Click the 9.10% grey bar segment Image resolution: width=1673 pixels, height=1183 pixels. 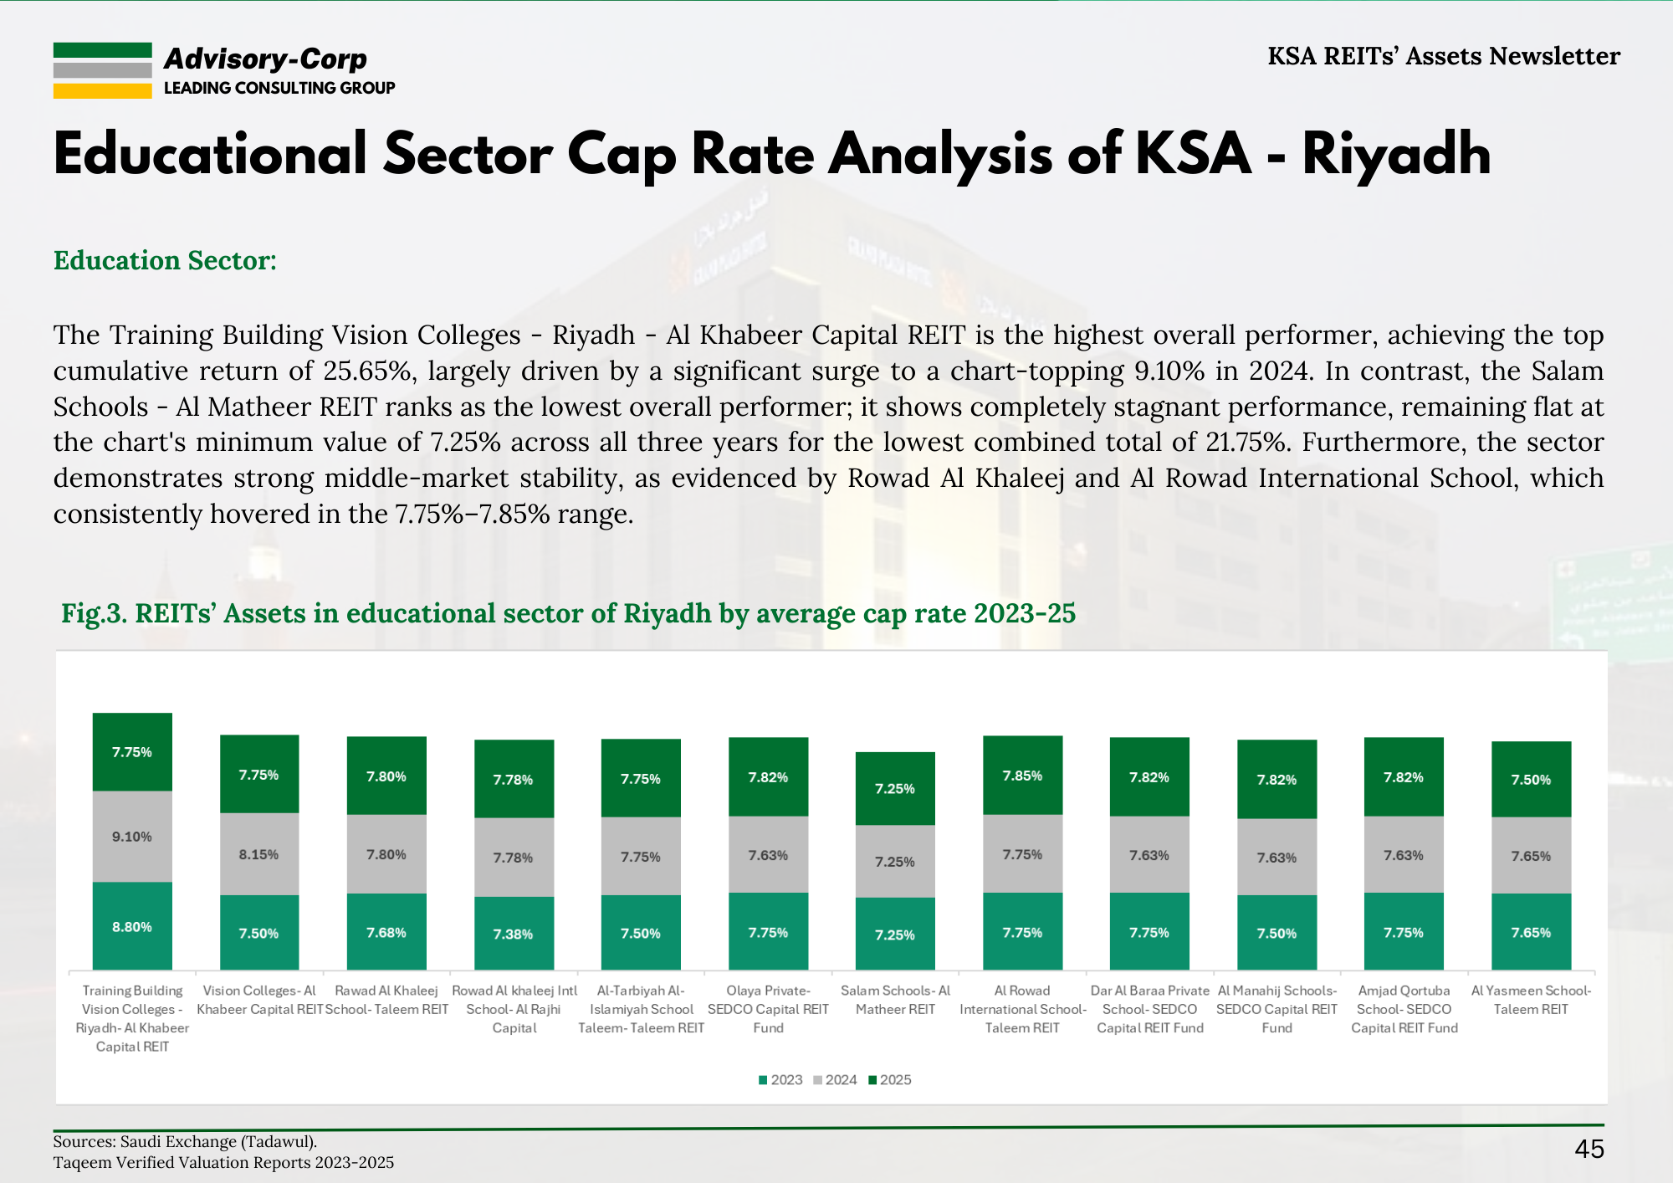132,837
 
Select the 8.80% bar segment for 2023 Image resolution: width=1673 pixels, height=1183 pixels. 132,926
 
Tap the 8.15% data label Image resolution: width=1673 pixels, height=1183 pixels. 258,854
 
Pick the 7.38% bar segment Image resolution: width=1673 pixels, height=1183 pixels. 514,934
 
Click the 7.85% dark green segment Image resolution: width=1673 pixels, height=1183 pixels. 1022,776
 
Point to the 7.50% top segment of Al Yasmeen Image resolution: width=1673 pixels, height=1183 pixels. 1531,779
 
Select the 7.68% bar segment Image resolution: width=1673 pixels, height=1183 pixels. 386,932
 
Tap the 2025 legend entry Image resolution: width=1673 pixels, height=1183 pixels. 890,1080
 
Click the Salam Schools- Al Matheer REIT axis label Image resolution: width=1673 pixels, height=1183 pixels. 895,1000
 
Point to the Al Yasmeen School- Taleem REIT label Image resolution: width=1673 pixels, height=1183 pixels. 1531,1000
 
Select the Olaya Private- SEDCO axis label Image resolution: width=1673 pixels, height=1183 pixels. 768,1009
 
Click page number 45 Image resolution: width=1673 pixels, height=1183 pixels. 1589,1149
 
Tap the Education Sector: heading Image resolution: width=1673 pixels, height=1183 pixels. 165,260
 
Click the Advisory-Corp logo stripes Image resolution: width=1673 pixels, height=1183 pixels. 102,70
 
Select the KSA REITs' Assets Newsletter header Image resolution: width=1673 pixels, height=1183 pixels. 1444,56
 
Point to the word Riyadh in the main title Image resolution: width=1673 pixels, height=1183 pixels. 1396,155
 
